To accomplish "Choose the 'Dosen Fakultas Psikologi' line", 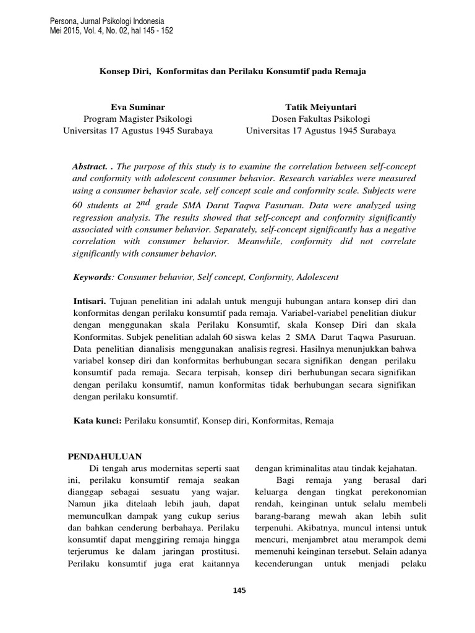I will tap(321, 119).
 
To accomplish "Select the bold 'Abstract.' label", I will tap(90, 168).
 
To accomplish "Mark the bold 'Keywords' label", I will tap(92, 277).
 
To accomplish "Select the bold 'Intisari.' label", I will tap(90, 300).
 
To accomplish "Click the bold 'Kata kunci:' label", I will tap(97, 420).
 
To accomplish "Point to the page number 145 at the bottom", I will tap(239, 590).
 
